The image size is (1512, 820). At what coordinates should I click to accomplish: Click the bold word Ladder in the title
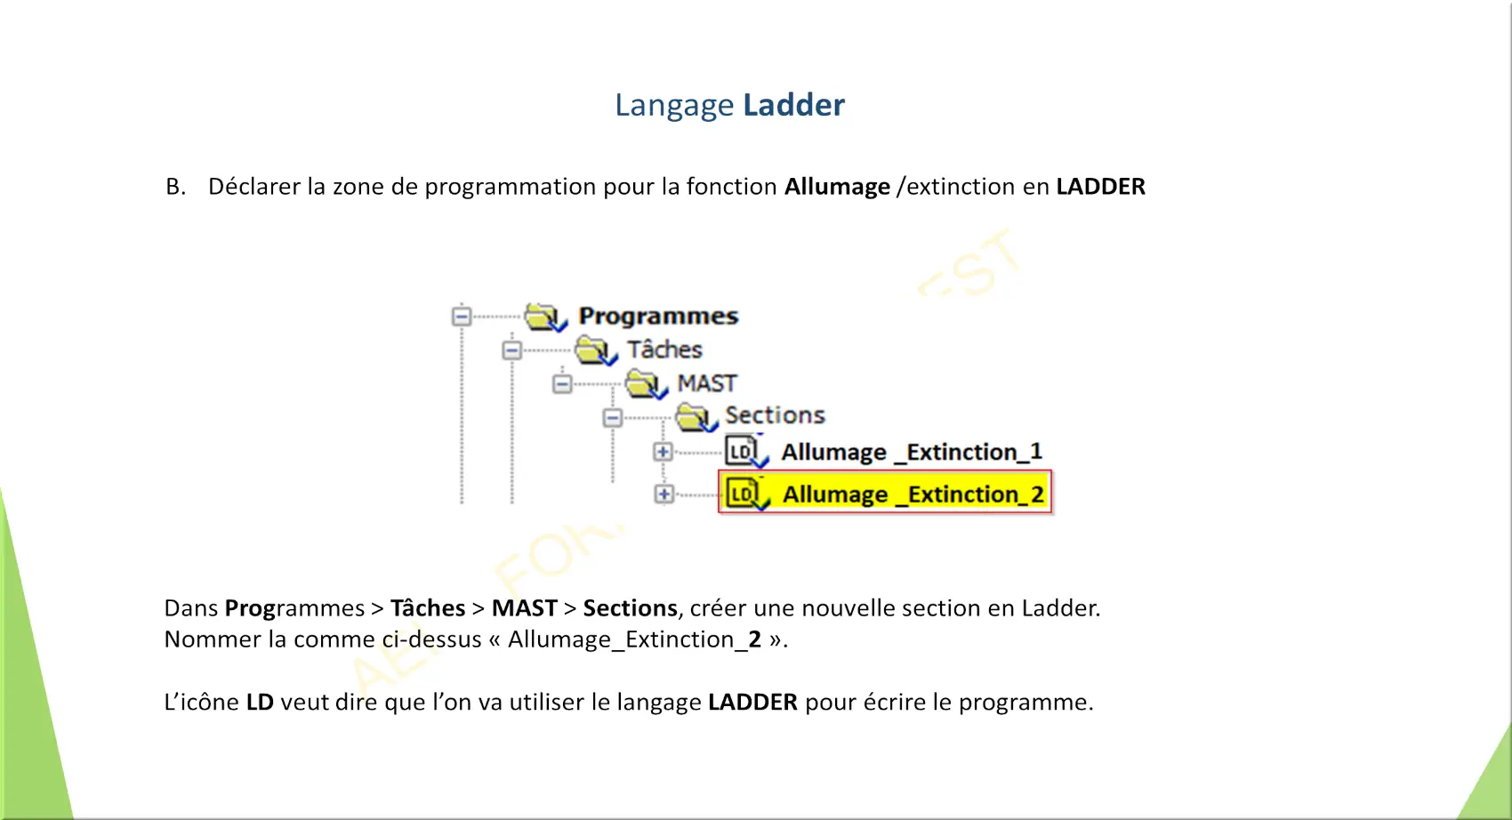[x=793, y=105]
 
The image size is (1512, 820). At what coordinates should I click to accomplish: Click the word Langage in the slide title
[x=673, y=106]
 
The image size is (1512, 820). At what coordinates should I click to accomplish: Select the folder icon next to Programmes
[x=545, y=317]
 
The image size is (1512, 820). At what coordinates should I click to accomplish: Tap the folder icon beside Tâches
[x=595, y=350]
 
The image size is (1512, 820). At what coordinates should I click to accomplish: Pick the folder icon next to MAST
[x=646, y=384]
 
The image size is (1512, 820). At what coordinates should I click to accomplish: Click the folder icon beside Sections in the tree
[x=696, y=417]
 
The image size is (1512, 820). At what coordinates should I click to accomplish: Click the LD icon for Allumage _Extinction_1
[x=746, y=452]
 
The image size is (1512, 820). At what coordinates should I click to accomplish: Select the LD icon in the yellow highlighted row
[x=746, y=494]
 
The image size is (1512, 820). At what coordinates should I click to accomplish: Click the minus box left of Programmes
[x=462, y=316]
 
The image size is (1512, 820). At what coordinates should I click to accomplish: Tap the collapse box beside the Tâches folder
[x=511, y=350]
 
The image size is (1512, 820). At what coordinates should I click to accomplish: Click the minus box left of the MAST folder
[x=562, y=384]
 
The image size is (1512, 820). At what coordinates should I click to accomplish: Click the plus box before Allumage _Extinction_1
[x=663, y=452]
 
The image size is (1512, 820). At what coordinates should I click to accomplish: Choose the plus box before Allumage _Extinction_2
[x=664, y=494]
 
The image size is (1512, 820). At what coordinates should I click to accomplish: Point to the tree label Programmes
[x=658, y=316]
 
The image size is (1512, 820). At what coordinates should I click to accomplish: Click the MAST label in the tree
[x=707, y=383]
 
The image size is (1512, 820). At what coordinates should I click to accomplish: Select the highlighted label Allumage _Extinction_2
[x=913, y=494]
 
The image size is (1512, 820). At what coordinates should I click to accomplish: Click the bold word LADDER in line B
[x=1100, y=186]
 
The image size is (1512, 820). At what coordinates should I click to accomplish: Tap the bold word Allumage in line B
[x=837, y=187]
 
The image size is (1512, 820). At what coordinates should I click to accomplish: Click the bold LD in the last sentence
[x=260, y=702]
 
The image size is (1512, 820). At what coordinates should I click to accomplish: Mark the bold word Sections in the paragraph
[x=631, y=608]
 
